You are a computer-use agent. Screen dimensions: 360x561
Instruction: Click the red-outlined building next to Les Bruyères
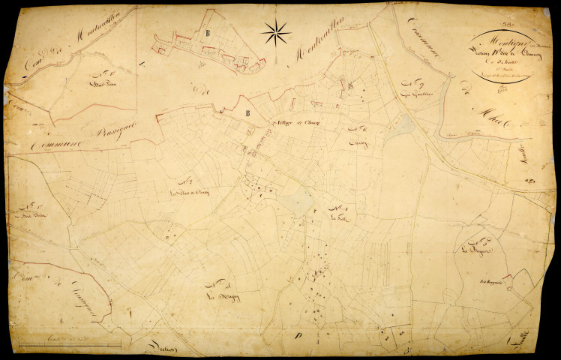[508, 280]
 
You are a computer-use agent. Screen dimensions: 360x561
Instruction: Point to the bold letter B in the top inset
[206, 33]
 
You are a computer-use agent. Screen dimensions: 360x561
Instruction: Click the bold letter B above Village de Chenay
[247, 113]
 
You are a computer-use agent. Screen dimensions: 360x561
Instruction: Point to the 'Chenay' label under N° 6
[356, 139]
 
